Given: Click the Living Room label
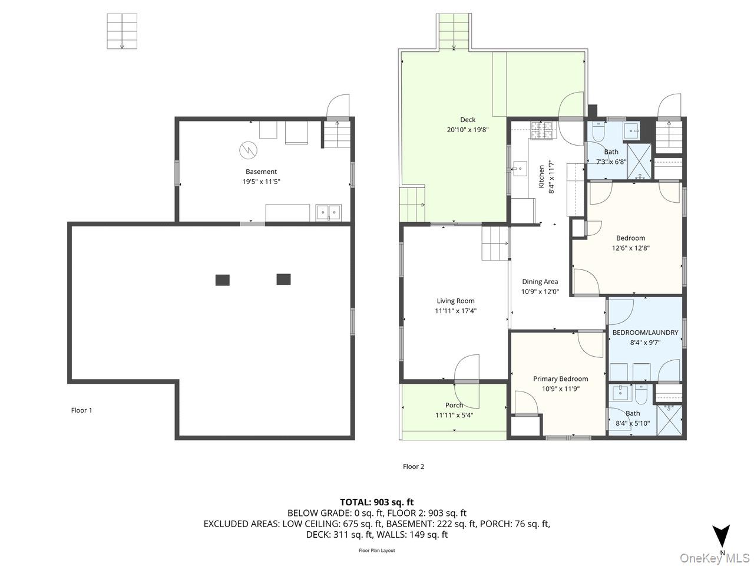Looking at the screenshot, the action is (455, 301).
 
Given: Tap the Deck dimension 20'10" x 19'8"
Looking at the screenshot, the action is (468, 130).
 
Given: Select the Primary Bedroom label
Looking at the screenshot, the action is (560, 379).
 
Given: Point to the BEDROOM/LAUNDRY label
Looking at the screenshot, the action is (645, 333).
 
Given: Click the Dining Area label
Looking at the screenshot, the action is (540, 282).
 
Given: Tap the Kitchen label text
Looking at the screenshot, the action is (541, 176).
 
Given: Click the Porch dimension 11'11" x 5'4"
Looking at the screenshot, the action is (454, 415).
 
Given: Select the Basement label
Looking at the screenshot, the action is (261, 172).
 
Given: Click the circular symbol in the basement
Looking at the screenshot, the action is (249, 150).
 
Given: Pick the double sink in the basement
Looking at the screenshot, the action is (328, 212).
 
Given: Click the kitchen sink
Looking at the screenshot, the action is (520, 169).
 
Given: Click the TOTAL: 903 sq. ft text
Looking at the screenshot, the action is (377, 502).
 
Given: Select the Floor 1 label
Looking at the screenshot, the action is (81, 410).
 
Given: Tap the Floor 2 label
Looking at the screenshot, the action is (414, 466).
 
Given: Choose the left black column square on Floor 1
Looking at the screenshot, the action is (223, 280).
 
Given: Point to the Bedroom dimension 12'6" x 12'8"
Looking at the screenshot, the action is (631, 248).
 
